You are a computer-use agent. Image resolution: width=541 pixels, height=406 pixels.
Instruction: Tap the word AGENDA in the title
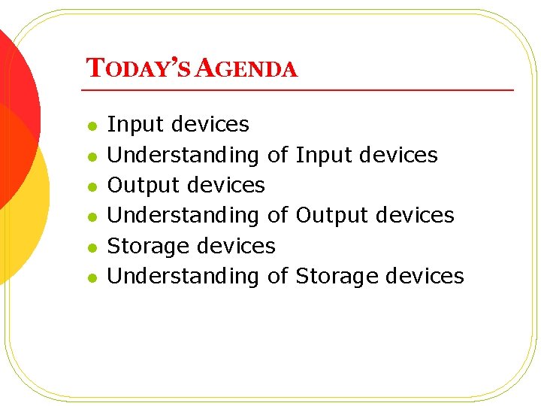click(x=249, y=69)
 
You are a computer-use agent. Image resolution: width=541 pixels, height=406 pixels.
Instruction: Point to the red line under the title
click(x=301, y=90)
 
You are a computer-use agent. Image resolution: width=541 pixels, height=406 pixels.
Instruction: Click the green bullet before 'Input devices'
click(x=92, y=126)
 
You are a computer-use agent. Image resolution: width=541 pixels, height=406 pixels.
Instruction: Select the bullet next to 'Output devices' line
click(x=92, y=186)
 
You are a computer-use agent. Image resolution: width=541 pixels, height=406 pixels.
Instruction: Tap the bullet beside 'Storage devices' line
click(x=92, y=247)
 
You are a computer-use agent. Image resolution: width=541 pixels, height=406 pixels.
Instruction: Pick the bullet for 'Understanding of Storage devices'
click(x=92, y=277)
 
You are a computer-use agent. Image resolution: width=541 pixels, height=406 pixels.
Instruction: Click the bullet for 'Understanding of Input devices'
click(x=92, y=156)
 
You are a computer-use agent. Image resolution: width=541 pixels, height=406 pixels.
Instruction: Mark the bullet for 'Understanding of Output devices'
click(x=92, y=217)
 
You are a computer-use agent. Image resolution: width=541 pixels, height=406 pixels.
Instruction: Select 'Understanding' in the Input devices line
click(x=183, y=155)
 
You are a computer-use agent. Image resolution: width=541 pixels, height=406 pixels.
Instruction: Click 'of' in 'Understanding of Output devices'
click(x=277, y=215)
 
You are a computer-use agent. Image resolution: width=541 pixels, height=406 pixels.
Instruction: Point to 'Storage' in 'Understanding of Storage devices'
click(x=337, y=276)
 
